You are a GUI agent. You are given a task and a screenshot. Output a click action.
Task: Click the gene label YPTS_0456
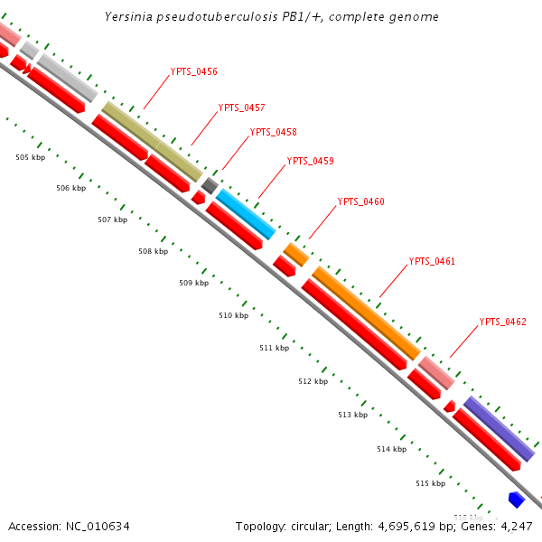(x=193, y=71)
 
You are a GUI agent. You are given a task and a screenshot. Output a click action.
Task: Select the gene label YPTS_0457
(x=241, y=108)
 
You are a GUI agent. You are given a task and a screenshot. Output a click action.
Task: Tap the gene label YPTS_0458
(x=273, y=132)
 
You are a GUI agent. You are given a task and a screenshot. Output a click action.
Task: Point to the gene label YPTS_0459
(x=310, y=162)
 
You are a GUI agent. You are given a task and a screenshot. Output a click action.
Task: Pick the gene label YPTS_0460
(x=360, y=201)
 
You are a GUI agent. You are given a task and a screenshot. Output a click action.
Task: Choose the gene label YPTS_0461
(x=432, y=261)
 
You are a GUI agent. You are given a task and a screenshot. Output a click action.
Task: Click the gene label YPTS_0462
(x=502, y=322)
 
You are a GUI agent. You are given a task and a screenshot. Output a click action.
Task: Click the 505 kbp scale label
(x=30, y=157)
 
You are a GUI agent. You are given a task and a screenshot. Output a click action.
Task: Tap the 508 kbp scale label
(x=153, y=251)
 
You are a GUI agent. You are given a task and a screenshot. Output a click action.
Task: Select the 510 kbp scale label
(x=233, y=315)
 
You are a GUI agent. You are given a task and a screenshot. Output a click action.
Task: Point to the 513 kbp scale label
(x=352, y=415)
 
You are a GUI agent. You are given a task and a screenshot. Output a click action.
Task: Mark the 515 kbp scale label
(x=430, y=483)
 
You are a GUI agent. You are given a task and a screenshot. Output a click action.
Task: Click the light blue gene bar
(x=246, y=214)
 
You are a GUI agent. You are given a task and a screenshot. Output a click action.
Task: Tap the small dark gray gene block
(x=210, y=185)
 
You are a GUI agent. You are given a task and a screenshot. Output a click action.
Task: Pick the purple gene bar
(x=499, y=428)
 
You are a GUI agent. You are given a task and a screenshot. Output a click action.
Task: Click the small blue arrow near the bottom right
(x=517, y=499)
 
